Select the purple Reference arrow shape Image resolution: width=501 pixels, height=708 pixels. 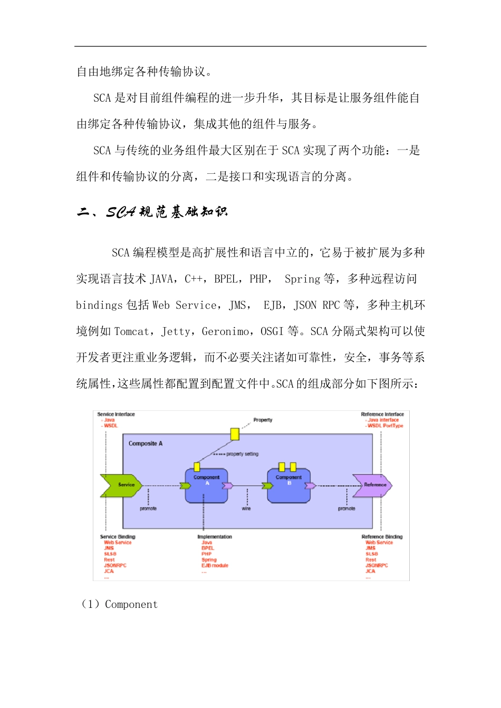tap(373, 485)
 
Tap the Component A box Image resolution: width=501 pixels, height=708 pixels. tap(206, 485)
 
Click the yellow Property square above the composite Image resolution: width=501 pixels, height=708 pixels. tap(235, 434)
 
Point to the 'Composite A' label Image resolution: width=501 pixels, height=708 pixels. tap(146, 444)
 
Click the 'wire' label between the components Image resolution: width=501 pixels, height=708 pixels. tap(246, 508)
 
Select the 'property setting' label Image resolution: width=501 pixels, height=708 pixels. tap(242, 454)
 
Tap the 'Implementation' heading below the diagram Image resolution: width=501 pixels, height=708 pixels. tap(215, 537)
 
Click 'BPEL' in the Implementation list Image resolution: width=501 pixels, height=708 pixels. tap(208, 548)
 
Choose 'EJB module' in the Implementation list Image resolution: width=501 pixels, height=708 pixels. tap(215, 566)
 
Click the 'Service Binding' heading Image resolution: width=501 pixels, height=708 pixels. tap(118, 537)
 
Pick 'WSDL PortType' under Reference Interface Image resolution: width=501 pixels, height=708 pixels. tap(385, 426)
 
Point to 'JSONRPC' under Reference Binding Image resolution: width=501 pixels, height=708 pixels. tap(377, 566)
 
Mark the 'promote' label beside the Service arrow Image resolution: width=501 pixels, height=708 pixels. tap(148, 508)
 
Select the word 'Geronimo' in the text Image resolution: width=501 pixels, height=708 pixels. tap(226, 331)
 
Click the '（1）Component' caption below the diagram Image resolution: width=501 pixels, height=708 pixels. tap(119, 604)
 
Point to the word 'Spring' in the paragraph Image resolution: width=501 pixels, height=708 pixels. tap(302, 279)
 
